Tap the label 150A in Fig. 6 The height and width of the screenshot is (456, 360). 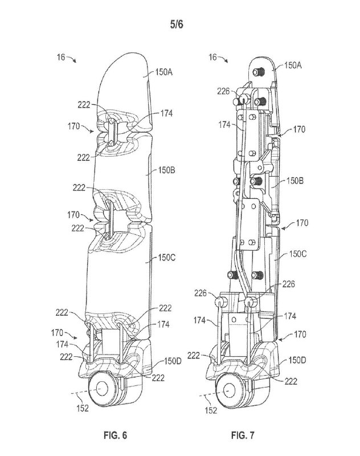pyautogui.click(x=166, y=73)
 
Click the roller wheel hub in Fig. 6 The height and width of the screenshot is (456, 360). pyautogui.click(x=103, y=388)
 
